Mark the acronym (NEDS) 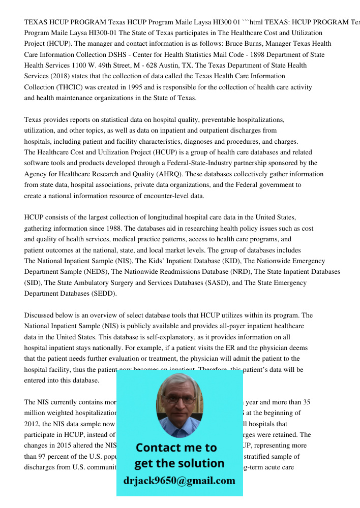[93, 272]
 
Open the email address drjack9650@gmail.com [179, 481]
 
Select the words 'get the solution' [179, 463]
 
